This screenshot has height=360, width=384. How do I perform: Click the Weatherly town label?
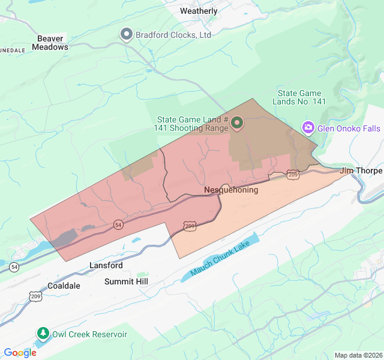pyautogui.click(x=199, y=11)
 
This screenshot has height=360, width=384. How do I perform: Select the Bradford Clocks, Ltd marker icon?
pyautogui.click(x=127, y=34)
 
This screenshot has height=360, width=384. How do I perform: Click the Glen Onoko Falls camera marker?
pyautogui.click(x=308, y=128)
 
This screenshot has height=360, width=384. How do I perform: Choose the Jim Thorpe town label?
pyautogui.click(x=361, y=171)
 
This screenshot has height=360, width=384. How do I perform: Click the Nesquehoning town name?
pyautogui.click(x=231, y=190)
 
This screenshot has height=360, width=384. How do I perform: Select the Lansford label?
pyautogui.click(x=106, y=265)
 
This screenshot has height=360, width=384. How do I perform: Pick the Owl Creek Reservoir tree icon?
pyautogui.click(x=43, y=333)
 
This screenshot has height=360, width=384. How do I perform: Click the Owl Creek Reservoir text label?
pyautogui.click(x=89, y=334)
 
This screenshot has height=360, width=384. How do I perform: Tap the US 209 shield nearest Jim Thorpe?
pyautogui.click(x=293, y=175)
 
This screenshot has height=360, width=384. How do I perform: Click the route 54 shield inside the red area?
pyautogui.click(x=118, y=224)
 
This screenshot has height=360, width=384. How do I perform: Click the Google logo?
pyautogui.click(x=20, y=353)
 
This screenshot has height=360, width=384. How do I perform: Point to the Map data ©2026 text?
pyautogui.click(x=358, y=355)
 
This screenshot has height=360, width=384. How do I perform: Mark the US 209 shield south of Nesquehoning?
pyautogui.click(x=190, y=226)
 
